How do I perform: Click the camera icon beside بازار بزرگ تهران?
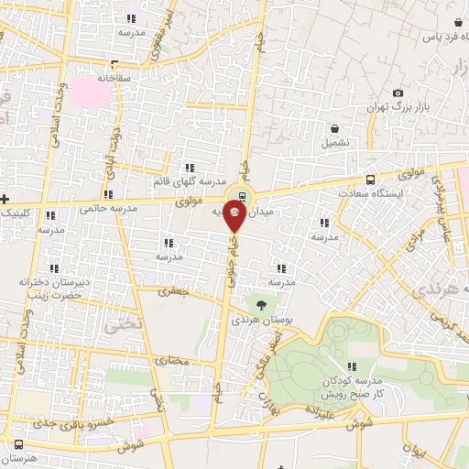398,93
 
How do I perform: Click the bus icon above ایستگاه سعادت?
370,180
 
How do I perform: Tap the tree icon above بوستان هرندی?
262,304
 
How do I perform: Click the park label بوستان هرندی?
256,321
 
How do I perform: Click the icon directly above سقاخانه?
114,64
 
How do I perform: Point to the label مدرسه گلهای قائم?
189,181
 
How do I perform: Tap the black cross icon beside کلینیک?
5,199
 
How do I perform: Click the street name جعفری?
171,291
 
